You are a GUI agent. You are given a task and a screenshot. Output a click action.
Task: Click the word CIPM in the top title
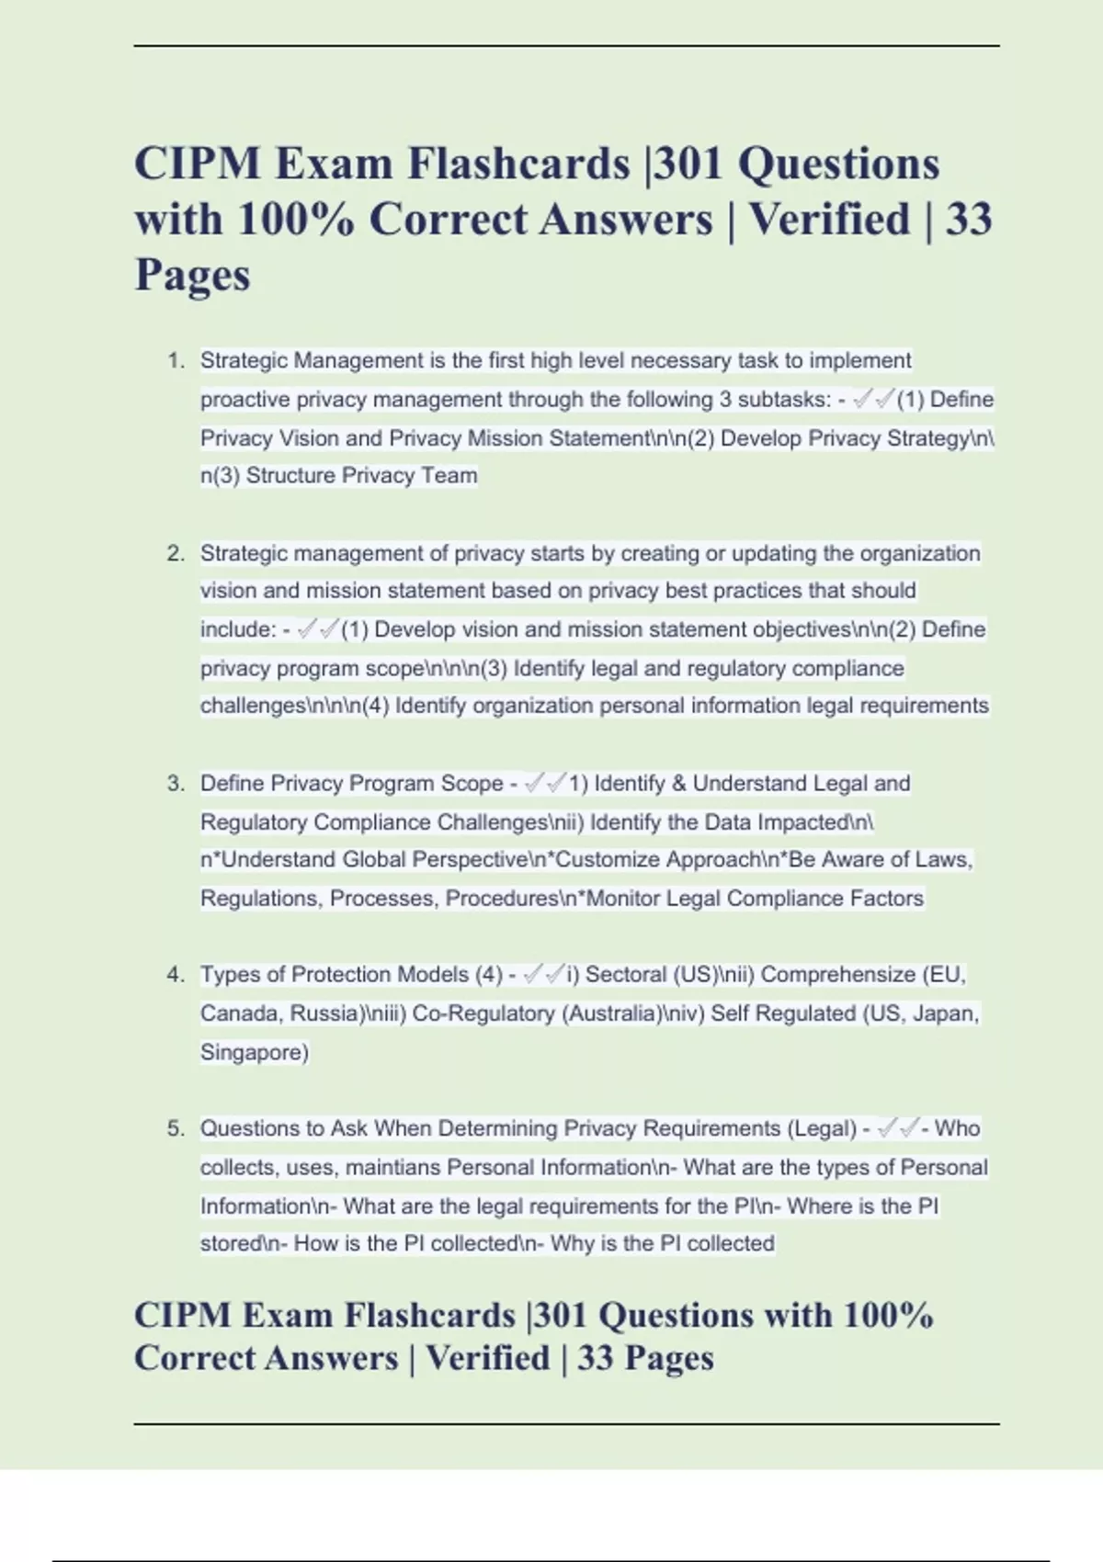click(192, 164)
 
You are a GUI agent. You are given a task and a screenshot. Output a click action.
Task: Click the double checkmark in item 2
click(318, 629)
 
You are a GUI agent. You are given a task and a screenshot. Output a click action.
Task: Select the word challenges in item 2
click(244, 706)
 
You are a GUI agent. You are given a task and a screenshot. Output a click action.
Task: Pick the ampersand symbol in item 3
click(679, 784)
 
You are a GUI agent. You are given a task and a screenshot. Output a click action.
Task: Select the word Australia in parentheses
click(612, 1013)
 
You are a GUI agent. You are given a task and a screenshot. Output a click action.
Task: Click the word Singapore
click(253, 1052)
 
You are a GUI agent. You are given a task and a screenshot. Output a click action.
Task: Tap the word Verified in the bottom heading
click(488, 1358)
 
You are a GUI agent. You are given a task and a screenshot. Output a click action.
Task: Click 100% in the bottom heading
click(888, 1316)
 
